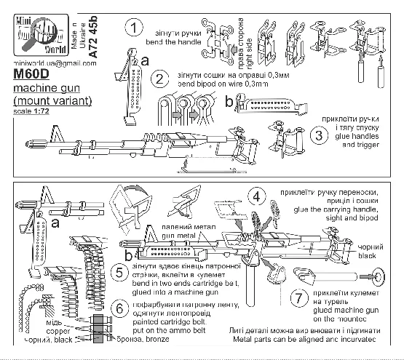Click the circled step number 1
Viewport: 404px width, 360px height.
coord(133,29)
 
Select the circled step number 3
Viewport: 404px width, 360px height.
coord(317,136)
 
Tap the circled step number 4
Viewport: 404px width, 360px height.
coord(256,196)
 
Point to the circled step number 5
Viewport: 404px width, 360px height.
coord(123,273)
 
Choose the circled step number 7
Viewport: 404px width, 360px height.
coord(297,297)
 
